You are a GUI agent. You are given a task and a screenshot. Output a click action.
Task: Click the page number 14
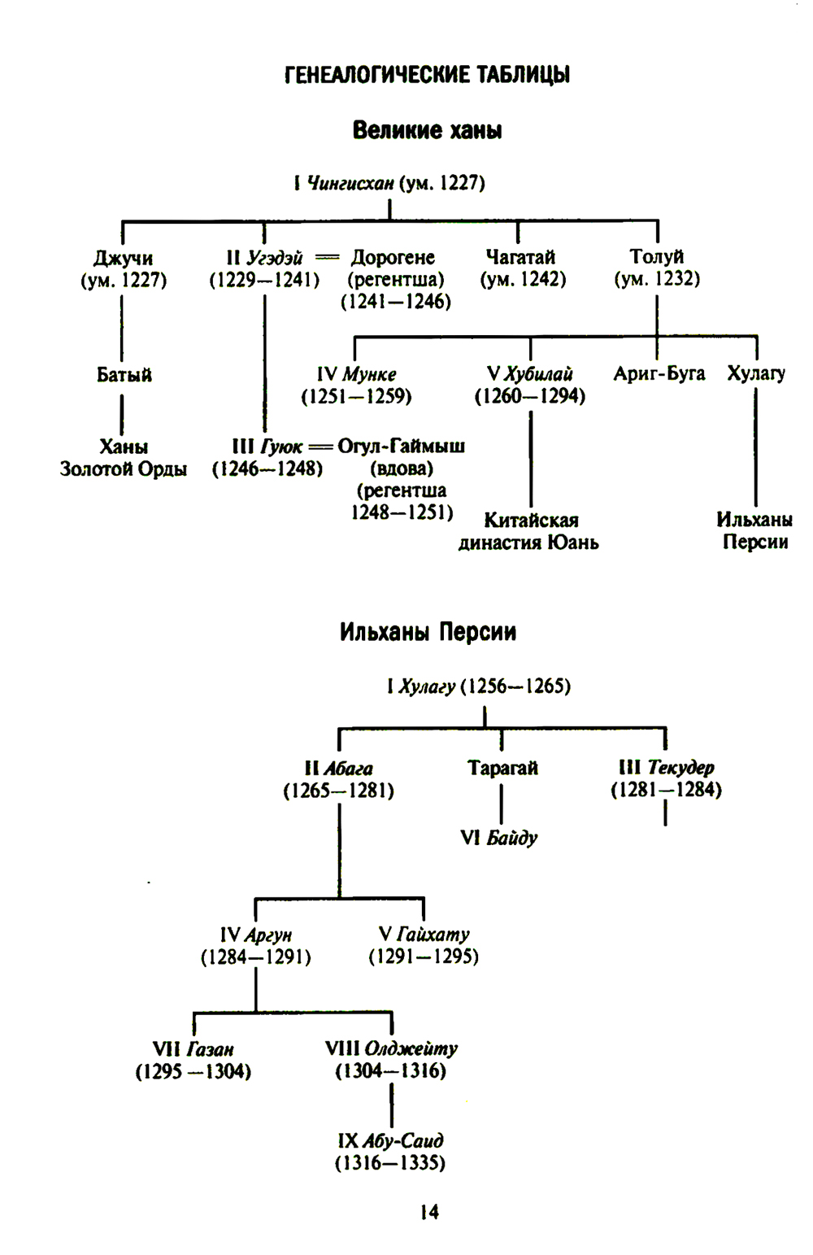[x=429, y=1212]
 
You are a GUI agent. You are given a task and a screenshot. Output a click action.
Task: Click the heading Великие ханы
[x=427, y=130]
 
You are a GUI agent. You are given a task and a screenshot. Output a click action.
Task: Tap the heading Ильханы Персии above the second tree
[x=428, y=632]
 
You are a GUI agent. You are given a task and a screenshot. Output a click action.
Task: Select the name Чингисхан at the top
[x=350, y=183]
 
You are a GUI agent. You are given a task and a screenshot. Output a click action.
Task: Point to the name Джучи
[x=124, y=258]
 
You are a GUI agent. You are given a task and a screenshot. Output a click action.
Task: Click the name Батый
[x=124, y=375]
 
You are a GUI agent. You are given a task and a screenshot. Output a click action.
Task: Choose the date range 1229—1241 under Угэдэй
[x=264, y=280]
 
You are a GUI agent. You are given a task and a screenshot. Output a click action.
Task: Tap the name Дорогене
[x=393, y=258]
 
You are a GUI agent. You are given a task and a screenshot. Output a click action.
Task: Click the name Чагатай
[x=520, y=257]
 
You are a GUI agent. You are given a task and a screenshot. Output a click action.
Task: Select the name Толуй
[x=656, y=257]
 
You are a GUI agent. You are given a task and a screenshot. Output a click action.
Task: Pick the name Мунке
[x=369, y=374]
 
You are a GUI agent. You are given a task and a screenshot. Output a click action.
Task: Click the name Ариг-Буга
[x=659, y=374]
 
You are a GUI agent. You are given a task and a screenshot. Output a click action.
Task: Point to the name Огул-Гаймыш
[x=402, y=447]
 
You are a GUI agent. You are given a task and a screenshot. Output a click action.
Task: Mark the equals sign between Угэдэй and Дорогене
[x=326, y=258]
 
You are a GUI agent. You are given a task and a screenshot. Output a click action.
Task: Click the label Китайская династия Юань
[x=529, y=531]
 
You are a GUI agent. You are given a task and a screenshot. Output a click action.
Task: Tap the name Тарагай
[x=502, y=768]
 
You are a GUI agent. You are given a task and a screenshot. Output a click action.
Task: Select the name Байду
[x=512, y=838]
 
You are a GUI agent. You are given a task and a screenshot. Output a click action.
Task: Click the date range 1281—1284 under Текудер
[x=666, y=790]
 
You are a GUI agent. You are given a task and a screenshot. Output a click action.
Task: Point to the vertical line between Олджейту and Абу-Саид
[x=392, y=1104]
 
